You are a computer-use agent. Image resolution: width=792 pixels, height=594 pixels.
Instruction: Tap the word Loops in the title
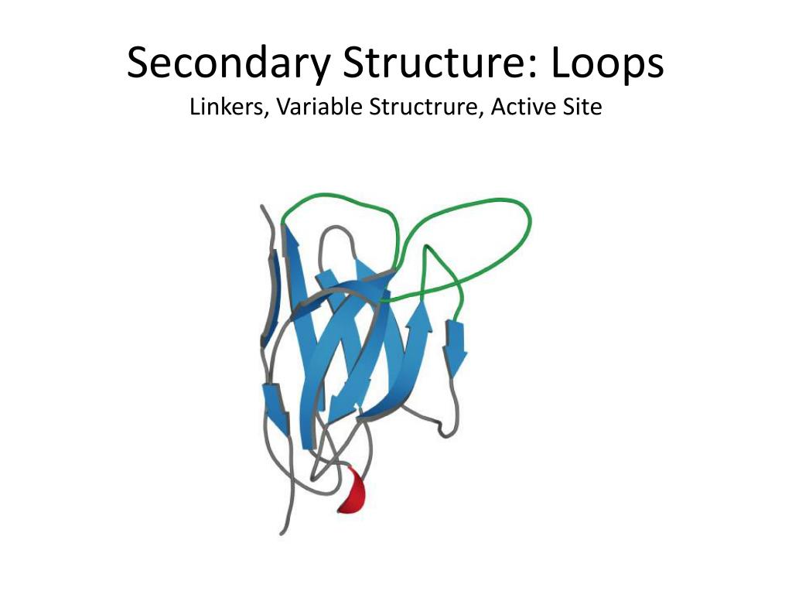[608, 64]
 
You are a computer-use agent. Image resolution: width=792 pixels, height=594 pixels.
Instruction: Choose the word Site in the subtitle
[582, 107]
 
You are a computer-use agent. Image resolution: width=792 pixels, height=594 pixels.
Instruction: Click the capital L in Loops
[562, 64]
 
